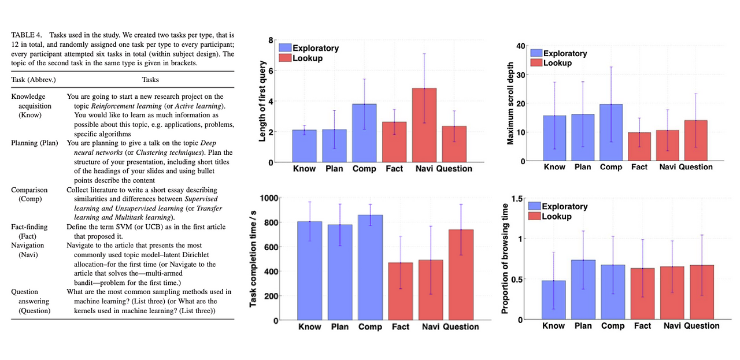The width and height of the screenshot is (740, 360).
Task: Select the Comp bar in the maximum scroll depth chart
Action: (611, 132)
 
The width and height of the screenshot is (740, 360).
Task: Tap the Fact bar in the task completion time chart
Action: (401, 291)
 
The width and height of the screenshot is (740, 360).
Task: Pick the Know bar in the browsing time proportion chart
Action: (553, 300)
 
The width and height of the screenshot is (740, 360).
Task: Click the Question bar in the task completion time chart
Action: (461, 274)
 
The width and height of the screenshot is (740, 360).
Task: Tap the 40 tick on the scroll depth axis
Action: (520, 46)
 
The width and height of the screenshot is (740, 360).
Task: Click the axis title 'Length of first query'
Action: (262, 101)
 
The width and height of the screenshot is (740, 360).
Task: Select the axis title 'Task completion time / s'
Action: (253, 259)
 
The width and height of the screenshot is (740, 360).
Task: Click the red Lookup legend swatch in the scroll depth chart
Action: (536, 63)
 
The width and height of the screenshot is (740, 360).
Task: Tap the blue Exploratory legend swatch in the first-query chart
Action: (285, 48)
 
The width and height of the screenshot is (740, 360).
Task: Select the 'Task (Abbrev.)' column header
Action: (34, 80)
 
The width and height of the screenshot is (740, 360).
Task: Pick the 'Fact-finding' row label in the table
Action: (29, 227)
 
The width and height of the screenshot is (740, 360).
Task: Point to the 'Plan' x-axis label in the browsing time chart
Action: (583, 326)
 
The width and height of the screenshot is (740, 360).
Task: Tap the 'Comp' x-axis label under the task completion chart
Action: (370, 327)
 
